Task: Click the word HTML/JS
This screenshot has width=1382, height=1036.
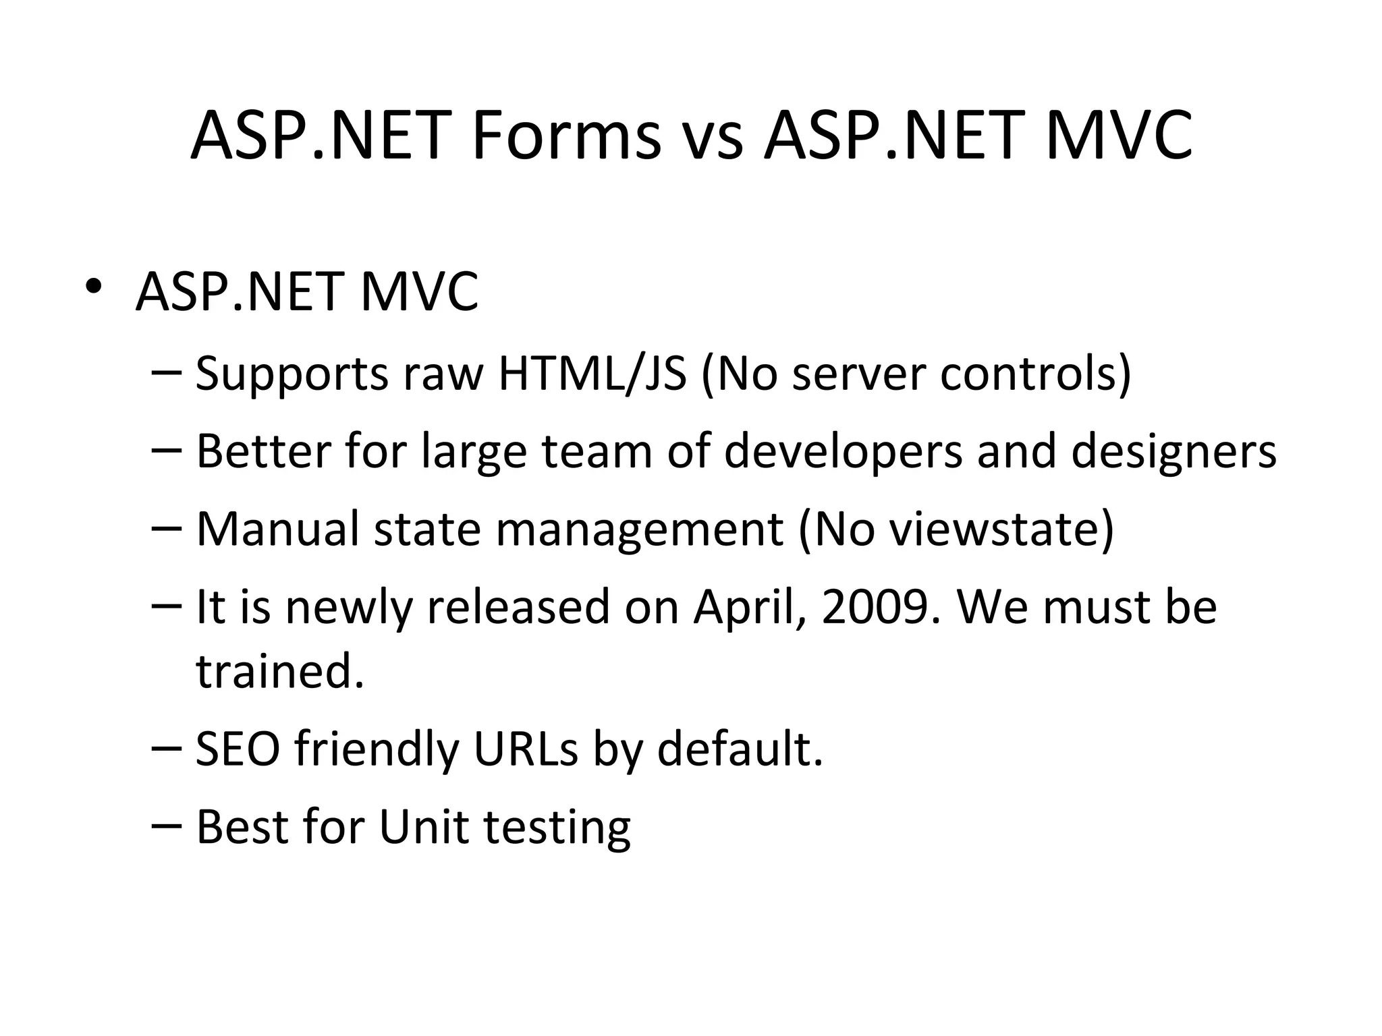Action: (x=592, y=374)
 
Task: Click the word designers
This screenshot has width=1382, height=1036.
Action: (x=1173, y=451)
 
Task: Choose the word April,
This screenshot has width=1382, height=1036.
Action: (x=750, y=607)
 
